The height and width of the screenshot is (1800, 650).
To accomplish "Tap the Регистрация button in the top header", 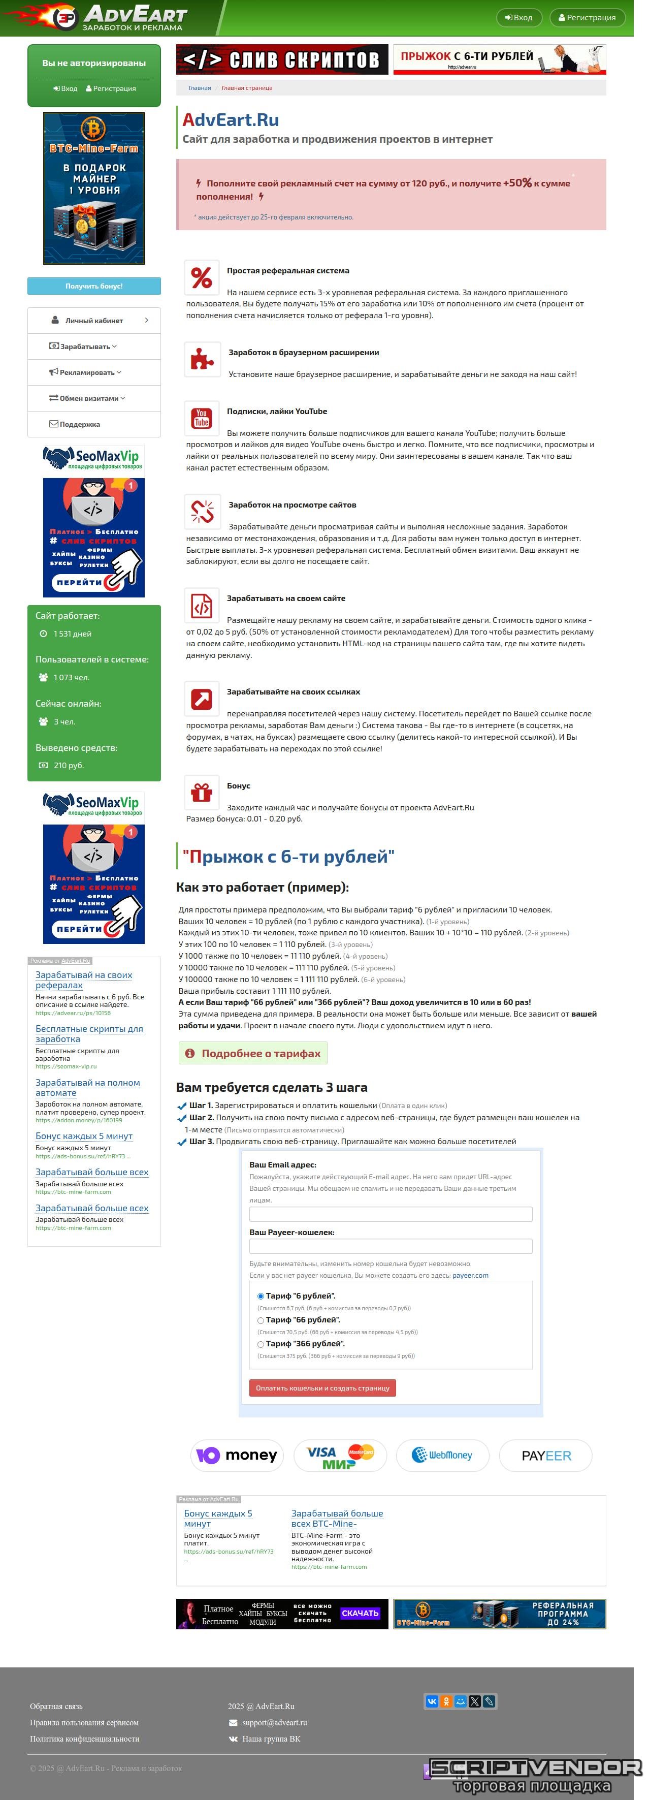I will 587,17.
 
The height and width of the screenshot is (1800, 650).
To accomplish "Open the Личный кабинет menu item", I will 94,321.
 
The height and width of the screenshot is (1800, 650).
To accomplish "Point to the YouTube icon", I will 202,418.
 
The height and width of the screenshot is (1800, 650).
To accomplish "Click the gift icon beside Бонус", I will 202,793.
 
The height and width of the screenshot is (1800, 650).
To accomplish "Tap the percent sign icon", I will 202,277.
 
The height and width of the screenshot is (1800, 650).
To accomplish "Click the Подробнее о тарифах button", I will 253,1053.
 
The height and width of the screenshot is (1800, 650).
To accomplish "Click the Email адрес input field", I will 391,1214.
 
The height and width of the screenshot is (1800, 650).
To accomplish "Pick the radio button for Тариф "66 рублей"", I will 261,1320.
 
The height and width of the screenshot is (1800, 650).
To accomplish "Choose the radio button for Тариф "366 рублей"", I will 261,1344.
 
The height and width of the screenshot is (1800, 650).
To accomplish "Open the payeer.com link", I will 470,1275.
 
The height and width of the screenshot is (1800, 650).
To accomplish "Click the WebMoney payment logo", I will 442,1455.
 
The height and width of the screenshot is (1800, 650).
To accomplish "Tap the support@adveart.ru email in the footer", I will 274,1722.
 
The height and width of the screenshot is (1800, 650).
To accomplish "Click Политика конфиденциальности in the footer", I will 84,1739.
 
